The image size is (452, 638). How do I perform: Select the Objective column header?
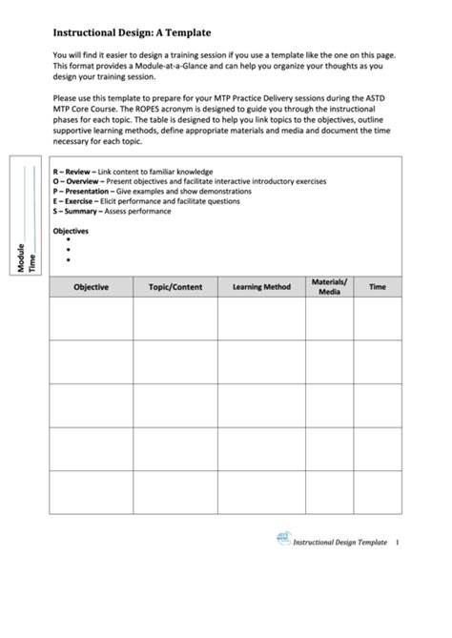[91, 287]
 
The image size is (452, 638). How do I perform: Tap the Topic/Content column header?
[175, 287]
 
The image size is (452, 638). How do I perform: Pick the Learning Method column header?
[261, 287]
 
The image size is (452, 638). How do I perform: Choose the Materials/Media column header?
[329, 287]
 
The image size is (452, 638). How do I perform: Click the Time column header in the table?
[378, 287]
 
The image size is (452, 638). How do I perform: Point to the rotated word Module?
[21, 257]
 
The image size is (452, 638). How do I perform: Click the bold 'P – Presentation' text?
[83, 191]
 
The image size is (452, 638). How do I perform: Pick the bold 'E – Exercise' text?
[75, 201]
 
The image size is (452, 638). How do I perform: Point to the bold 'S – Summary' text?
[77, 211]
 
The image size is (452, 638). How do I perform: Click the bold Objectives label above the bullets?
[71, 231]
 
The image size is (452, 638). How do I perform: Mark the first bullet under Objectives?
[70, 240]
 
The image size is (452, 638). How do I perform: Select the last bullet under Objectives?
[70, 259]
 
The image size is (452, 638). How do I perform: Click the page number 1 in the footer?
[397, 543]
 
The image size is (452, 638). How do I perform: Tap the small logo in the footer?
[282, 541]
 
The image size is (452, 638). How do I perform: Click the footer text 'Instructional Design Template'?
[340, 543]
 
